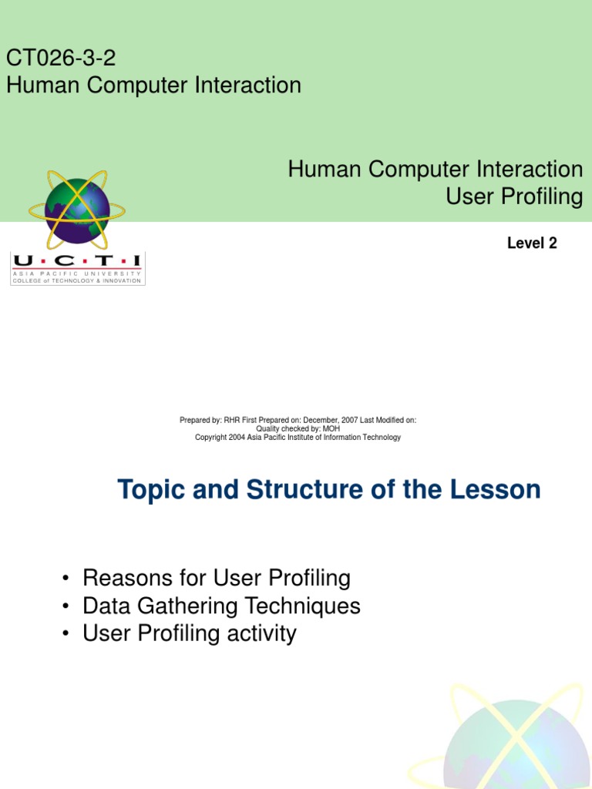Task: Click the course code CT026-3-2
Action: pos(61,58)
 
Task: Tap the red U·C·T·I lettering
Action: pos(77,261)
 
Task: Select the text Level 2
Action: pos(532,243)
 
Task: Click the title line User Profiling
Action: pos(514,196)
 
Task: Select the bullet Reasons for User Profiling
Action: pos(216,578)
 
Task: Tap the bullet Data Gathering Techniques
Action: pos(221,606)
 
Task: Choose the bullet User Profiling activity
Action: pos(189,633)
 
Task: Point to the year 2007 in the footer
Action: pos(348,420)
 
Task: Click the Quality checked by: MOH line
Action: pos(298,428)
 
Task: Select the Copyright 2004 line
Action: pos(298,438)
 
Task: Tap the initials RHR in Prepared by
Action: pos(231,420)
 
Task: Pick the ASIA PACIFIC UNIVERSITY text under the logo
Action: pos(77,274)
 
